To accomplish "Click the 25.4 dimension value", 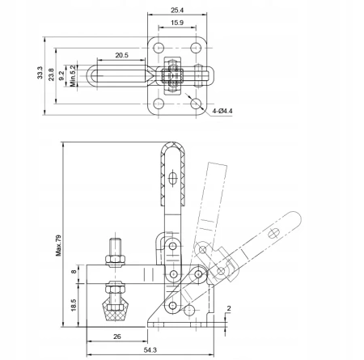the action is point(177,11).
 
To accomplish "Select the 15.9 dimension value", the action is point(177,23).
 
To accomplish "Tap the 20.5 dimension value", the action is point(121,55).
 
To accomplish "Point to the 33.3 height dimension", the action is point(40,73).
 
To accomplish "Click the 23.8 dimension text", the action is point(51,74).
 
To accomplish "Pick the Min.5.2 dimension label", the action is point(74,76).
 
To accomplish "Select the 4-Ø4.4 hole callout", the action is point(222,111).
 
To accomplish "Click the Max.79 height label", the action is point(58,245).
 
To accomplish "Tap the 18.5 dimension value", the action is point(74,305).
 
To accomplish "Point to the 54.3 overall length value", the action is point(150,350).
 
